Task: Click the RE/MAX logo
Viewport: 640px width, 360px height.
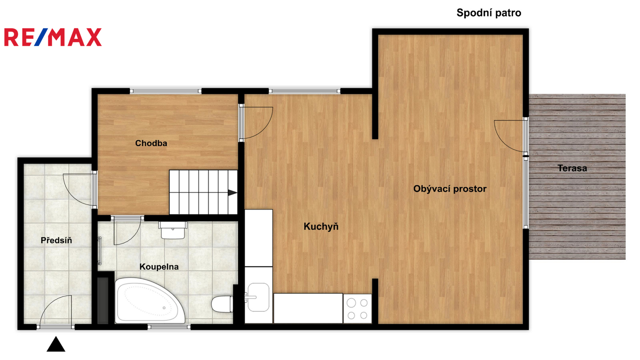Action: point(53,37)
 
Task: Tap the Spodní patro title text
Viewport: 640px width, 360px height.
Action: point(488,13)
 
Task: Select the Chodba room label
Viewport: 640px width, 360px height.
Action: point(151,143)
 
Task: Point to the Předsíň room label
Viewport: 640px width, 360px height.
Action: point(56,240)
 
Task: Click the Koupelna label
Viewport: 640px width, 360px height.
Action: point(159,267)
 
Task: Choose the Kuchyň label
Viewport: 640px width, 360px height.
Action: point(321,226)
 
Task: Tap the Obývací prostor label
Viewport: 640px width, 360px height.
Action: point(450,189)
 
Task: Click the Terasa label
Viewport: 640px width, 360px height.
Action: point(572,168)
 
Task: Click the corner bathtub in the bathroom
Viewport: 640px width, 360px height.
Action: point(150,300)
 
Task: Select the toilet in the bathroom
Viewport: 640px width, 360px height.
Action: point(222,304)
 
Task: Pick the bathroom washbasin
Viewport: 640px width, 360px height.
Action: point(173,230)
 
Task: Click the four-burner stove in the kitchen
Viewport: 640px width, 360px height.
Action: point(358,309)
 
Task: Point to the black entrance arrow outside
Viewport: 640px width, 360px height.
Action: point(56,344)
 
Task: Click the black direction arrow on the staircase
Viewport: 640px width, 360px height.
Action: point(232,193)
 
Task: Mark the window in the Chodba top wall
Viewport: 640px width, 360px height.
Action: point(166,91)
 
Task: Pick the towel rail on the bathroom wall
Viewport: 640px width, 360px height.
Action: point(100,251)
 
